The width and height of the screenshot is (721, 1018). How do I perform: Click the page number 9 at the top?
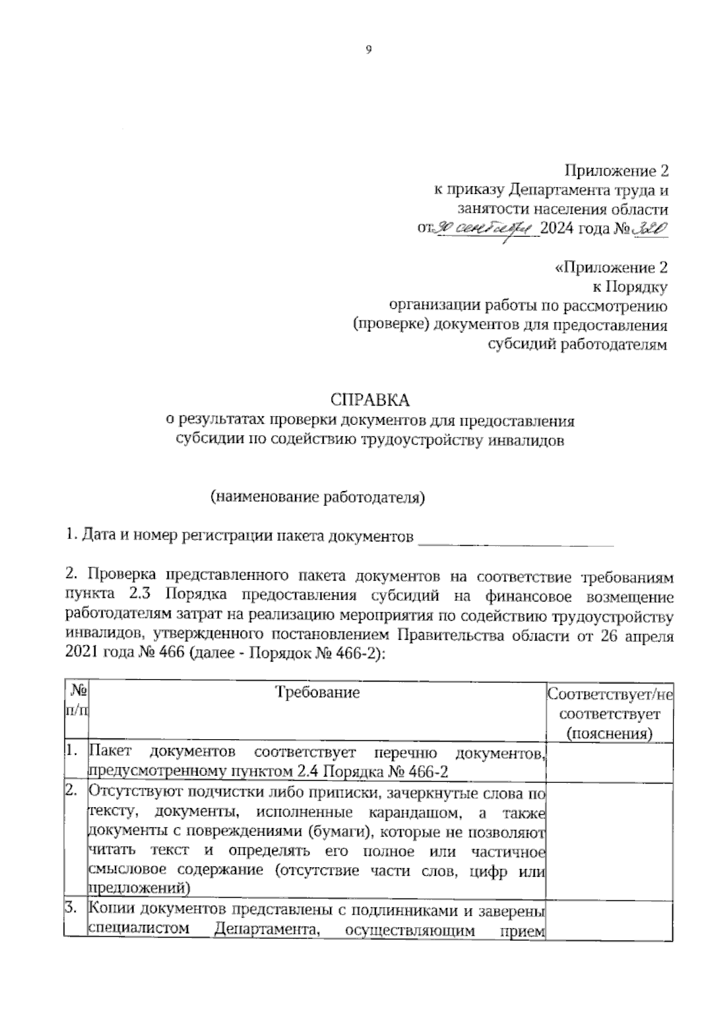pyautogui.click(x=369, y=50)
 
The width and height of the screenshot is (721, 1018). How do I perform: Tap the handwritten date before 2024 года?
pyautogui.click(x=485, y=228)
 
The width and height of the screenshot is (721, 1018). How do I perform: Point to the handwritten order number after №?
pyautogui.click(x=651, y=228)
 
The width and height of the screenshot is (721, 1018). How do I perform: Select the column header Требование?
pyautogui.click(x=317, y=692)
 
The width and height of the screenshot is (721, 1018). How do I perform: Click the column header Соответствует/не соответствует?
pyautogui.click(x=609, y=714)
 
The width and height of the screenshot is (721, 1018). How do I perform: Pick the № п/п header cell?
pyautogui.click(x=76, y=701)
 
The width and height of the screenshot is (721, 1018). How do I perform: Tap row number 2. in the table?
pyautogui.click(x=72, y=792)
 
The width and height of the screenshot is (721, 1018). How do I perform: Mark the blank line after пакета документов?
pyautogui.click(x=516, y=536)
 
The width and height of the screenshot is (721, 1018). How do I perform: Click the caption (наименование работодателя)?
pyautogui.click(x=317, y=497)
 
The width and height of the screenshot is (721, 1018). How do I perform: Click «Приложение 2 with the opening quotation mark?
pyautogui.click(x=610, y=268)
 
